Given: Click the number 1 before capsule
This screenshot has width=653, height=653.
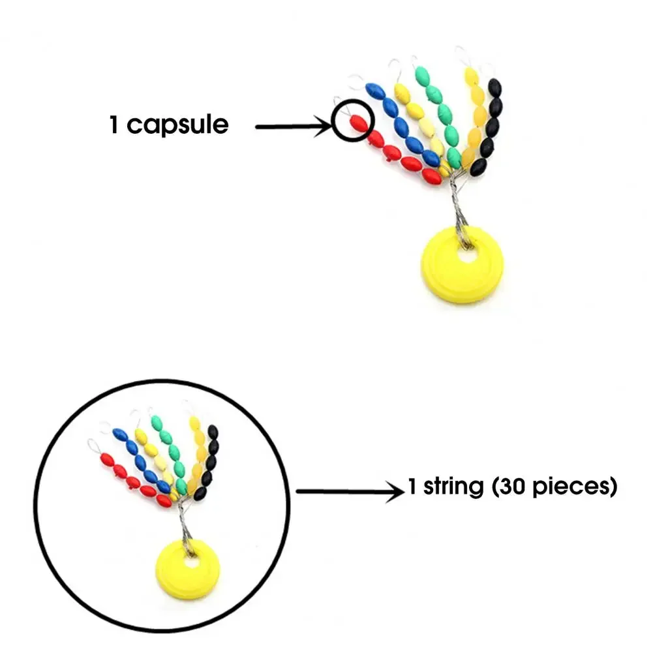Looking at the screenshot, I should click(x=114, y=124).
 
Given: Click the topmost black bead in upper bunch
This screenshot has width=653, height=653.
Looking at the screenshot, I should click(x=495, y=86).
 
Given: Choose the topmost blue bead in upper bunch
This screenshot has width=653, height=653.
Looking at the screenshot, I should click(x=374, y=89).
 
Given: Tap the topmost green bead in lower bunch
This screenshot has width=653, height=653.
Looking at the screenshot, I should click(x=157, y=421).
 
